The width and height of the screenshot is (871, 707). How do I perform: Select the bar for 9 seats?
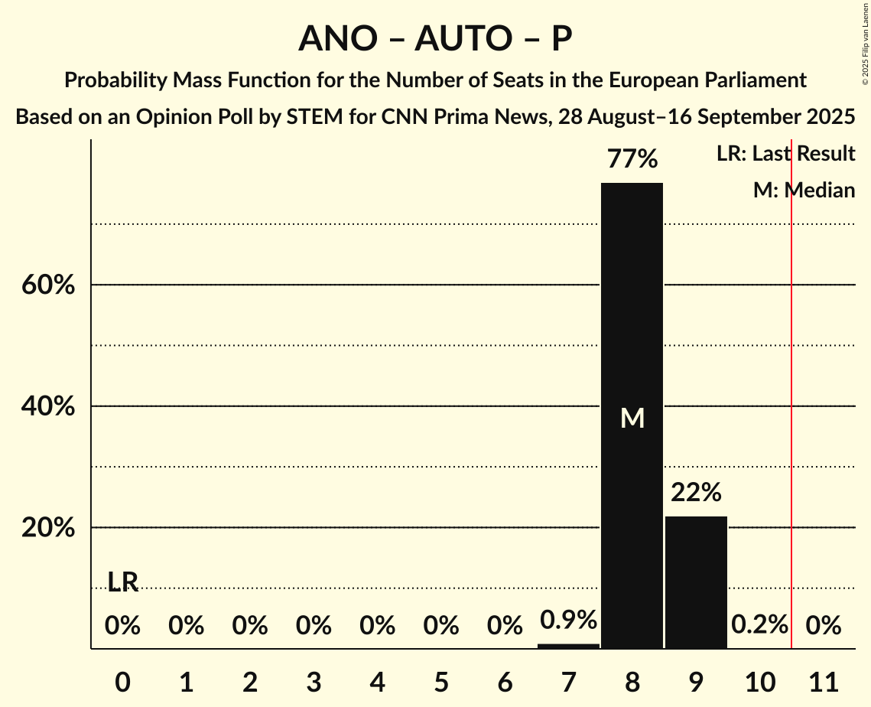[x=696, y=582]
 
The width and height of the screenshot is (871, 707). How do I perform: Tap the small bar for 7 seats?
[x=568, y=646]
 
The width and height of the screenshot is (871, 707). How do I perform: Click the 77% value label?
[x=632, y=159]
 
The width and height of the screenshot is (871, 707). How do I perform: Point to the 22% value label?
[x=696, y=493]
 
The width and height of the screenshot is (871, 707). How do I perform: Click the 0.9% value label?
[x=568, y=620]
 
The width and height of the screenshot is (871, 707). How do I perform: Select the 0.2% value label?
[x=759, y=625]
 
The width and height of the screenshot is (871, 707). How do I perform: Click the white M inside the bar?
[x=632, y=418]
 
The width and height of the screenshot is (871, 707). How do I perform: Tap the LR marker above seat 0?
[x=122, y=582]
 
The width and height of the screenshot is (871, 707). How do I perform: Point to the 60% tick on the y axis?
[x=48, y=285]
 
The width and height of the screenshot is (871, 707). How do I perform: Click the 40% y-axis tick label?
[x=48, y=406]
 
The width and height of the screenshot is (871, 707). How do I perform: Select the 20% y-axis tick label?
[x=48, y=528]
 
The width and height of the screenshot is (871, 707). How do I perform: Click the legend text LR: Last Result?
[x=785, y=154]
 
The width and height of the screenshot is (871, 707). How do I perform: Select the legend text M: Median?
[x=804, y=190]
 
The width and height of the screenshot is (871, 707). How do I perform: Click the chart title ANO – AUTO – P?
[x=435, y=38]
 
